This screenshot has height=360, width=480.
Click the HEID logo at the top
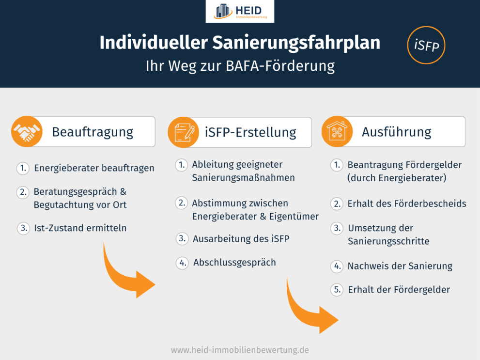(x=240, y=12)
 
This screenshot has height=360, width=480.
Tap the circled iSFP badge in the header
(x=426, y=45)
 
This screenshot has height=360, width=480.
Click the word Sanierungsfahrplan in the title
(x=296, y=43)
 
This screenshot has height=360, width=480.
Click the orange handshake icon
(x=27, y=131)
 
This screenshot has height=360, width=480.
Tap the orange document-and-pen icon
(x=183, y=132)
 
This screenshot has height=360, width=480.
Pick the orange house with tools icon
(x=337, y=131)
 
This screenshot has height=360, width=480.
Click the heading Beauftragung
(x=93, y=132)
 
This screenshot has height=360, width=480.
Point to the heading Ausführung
(x=396, y=132)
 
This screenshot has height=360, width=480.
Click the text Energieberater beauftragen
(x=94, y=168)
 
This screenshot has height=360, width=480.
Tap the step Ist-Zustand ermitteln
(x=80, y=228)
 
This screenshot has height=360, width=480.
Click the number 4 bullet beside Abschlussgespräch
(x=182, y=263)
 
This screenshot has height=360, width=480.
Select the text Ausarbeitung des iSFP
(x=241, y=238)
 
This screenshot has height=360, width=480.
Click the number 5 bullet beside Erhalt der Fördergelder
(x=337, y=290)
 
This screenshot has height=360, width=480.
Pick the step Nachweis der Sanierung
(x=400, y=266)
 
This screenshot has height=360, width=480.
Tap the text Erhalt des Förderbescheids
(x=406, y=203)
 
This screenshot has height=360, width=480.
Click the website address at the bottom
(x=240, y=349)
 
